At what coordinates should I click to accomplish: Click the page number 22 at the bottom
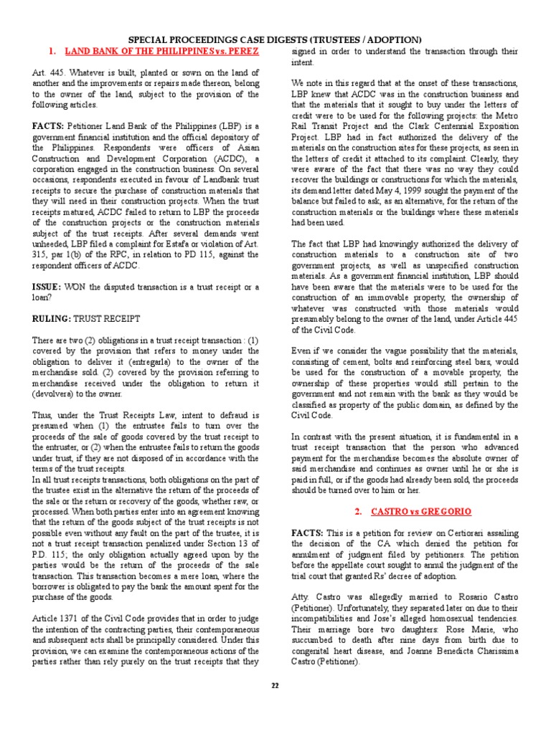click(275, 685)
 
